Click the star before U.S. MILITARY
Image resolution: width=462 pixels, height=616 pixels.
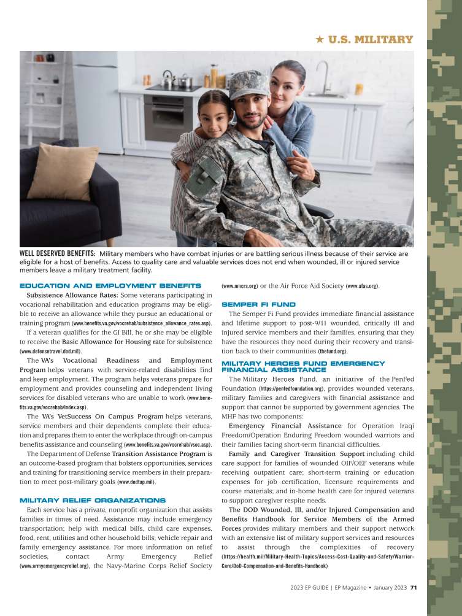319,40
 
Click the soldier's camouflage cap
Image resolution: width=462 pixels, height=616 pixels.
248,85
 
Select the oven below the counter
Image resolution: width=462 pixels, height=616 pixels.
169,117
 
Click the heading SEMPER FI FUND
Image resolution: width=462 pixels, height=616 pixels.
258,304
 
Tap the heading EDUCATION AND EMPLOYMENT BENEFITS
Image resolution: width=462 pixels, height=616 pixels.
110,286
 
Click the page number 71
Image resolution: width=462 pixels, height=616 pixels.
414,587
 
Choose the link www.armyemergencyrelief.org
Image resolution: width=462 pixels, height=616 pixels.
55,566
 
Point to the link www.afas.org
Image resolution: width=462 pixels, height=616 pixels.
363,286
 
